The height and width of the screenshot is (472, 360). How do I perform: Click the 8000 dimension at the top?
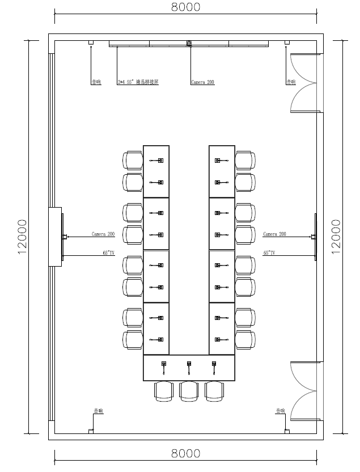click(185, 7)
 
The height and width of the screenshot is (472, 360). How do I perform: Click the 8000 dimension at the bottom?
click(185, 453)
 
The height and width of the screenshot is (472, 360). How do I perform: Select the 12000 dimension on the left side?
click(22, 237)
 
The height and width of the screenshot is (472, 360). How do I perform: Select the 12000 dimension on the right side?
click(336, 237)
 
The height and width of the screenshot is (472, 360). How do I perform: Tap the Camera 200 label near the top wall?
click(202, 82)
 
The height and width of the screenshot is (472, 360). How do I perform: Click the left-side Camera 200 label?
click(103, 234)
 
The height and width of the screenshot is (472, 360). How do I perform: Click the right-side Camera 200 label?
click(274, 234)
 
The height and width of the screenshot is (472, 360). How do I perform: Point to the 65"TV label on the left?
click(109, 253)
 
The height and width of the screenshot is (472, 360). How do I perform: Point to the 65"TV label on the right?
click(269, 253)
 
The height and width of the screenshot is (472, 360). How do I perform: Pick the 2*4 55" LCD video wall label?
click(138, 82)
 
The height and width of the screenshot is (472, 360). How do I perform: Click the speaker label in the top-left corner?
click(96, 82)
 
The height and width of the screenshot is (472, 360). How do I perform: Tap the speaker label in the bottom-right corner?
click(281, 411)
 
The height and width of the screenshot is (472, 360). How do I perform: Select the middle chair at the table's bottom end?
click(189, 391)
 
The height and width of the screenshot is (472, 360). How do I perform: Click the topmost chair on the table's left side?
click(133, 160)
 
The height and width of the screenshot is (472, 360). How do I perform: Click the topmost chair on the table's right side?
click(245, 160)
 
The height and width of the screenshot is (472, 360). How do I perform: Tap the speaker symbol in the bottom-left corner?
click(91, 431)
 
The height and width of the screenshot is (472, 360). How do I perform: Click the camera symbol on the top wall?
click(189, 43)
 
